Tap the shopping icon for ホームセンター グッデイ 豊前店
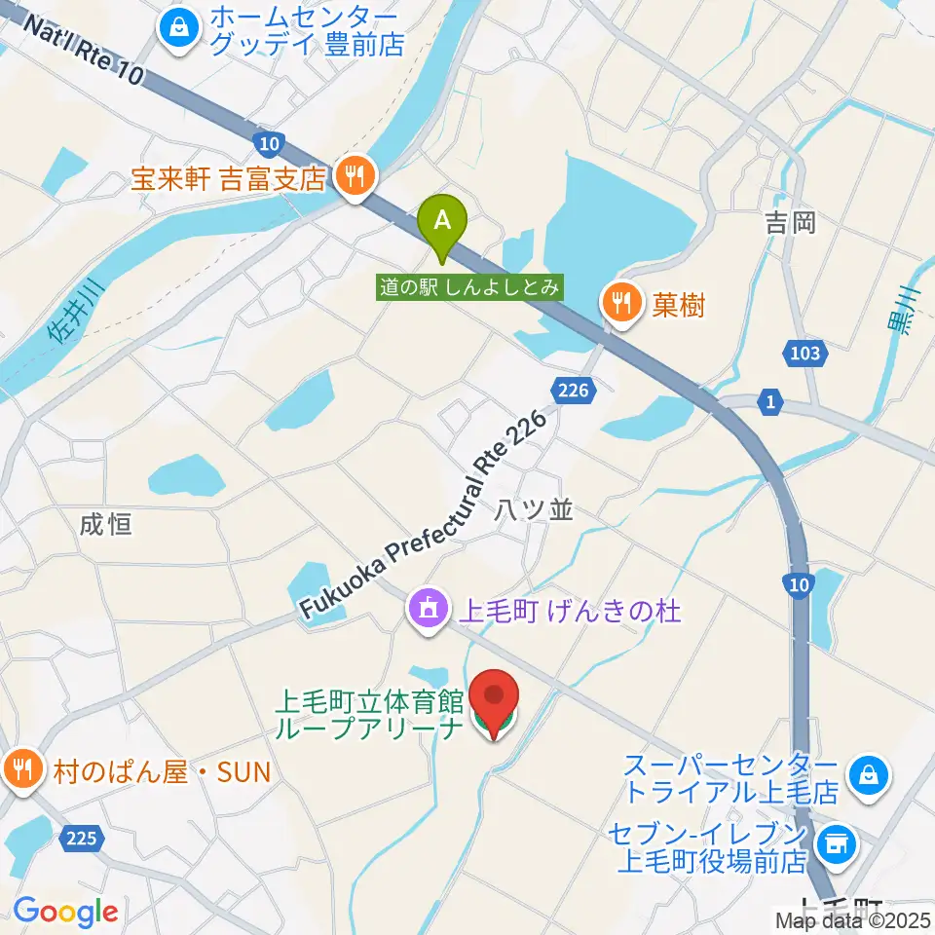(179, 28)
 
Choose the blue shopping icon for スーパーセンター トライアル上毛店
(864, 774)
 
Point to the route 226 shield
(575, 391)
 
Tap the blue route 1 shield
(770, 400)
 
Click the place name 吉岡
(790, 223)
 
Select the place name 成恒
(106, 526)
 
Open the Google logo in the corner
(65, 911)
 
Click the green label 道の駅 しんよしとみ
(470, 286)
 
